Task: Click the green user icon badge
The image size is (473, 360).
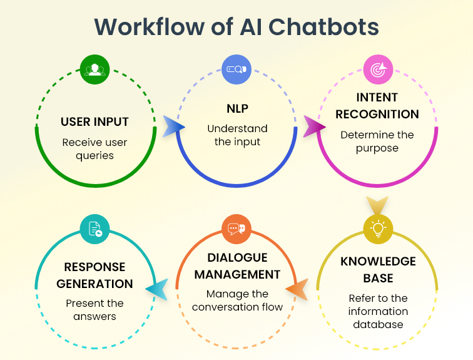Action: [95, 69]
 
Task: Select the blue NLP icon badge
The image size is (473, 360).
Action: [237, 69]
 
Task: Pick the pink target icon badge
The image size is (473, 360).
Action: [379, 69]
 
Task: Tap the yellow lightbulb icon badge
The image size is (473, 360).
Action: [379, 229]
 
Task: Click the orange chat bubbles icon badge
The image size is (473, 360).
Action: [237, 229]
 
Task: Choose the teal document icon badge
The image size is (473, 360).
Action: [95, 229]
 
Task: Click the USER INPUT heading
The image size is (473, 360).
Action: [95, 121]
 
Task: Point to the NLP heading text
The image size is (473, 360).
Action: [237, 108]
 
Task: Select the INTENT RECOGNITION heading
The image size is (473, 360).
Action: [379, 106]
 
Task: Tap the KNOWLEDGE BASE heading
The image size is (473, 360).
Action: [379, 269]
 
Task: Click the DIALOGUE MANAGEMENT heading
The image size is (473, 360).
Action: [237, 266]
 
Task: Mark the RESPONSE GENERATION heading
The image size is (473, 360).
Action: [95, 275]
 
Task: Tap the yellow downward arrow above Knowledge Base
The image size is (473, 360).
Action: [377, 205]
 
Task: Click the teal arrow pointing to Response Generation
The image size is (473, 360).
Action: [157, 289]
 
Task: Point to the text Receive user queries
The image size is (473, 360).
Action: [95, 149]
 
